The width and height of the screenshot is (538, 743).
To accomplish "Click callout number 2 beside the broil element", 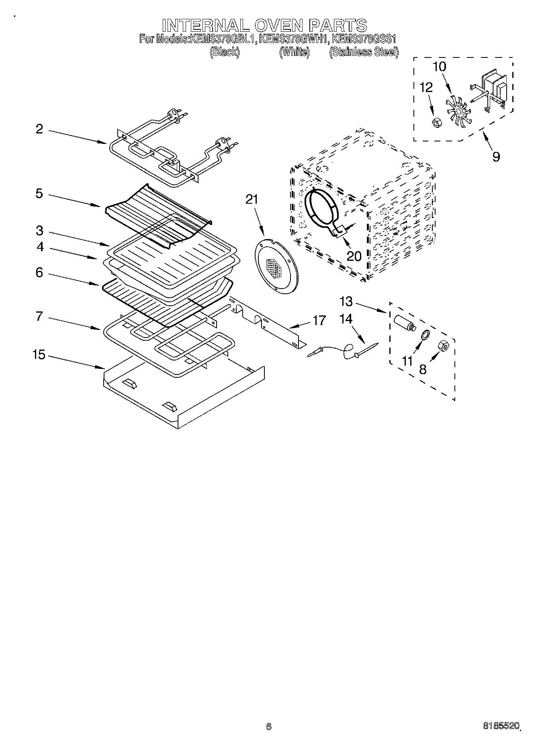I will pyautogui.click(x=39, y=129).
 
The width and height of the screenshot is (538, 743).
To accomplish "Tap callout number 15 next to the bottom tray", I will pyautogui.click(x=39, y=355).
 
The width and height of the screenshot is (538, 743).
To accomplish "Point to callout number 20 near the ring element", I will pyautogui.click(x=354, y=256).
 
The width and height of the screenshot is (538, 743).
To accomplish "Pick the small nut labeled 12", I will pyautogui.click(x=435, y=123).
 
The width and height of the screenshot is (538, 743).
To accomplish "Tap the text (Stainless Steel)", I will pyautogui.click(x=364, y=52).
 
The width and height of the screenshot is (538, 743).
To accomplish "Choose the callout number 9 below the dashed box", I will pyautogui.click(x=496, y=157).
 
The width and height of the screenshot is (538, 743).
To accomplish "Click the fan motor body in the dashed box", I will pyautogui.click(x=496, y=86).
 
